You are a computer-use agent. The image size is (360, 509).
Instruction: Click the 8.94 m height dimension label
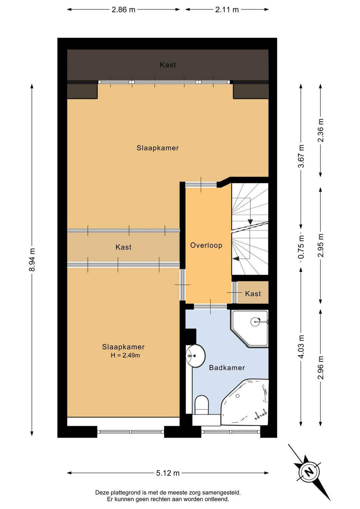[x=32, y=260]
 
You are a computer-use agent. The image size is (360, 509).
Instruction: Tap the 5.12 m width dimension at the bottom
[x=168, y=473]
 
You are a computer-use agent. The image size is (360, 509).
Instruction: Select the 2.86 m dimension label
[x=123, y=10]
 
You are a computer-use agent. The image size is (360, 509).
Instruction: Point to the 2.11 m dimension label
[x=227, y=10]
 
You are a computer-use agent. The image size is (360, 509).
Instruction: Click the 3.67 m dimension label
[x=301, y=156]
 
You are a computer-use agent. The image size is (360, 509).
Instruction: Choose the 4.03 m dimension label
[x=301, y=347]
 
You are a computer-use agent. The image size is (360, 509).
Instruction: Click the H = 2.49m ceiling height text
[x=125, y=355]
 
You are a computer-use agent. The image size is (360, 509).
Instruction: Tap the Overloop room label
[x=206, y=245]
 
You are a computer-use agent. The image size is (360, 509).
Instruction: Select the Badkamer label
[x=227, y=368]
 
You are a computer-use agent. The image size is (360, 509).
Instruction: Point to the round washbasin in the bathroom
[x=196, y=356]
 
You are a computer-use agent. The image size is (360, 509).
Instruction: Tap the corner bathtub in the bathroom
[x=245, y=402]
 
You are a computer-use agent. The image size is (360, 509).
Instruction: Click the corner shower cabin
[x=250, y=328]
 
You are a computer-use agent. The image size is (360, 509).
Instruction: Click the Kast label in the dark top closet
[x=168, y=65]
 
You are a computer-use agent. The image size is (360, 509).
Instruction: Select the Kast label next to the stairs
[x=253, y=294]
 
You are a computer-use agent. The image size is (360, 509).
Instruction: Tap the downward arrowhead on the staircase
[x=250, y=222]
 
